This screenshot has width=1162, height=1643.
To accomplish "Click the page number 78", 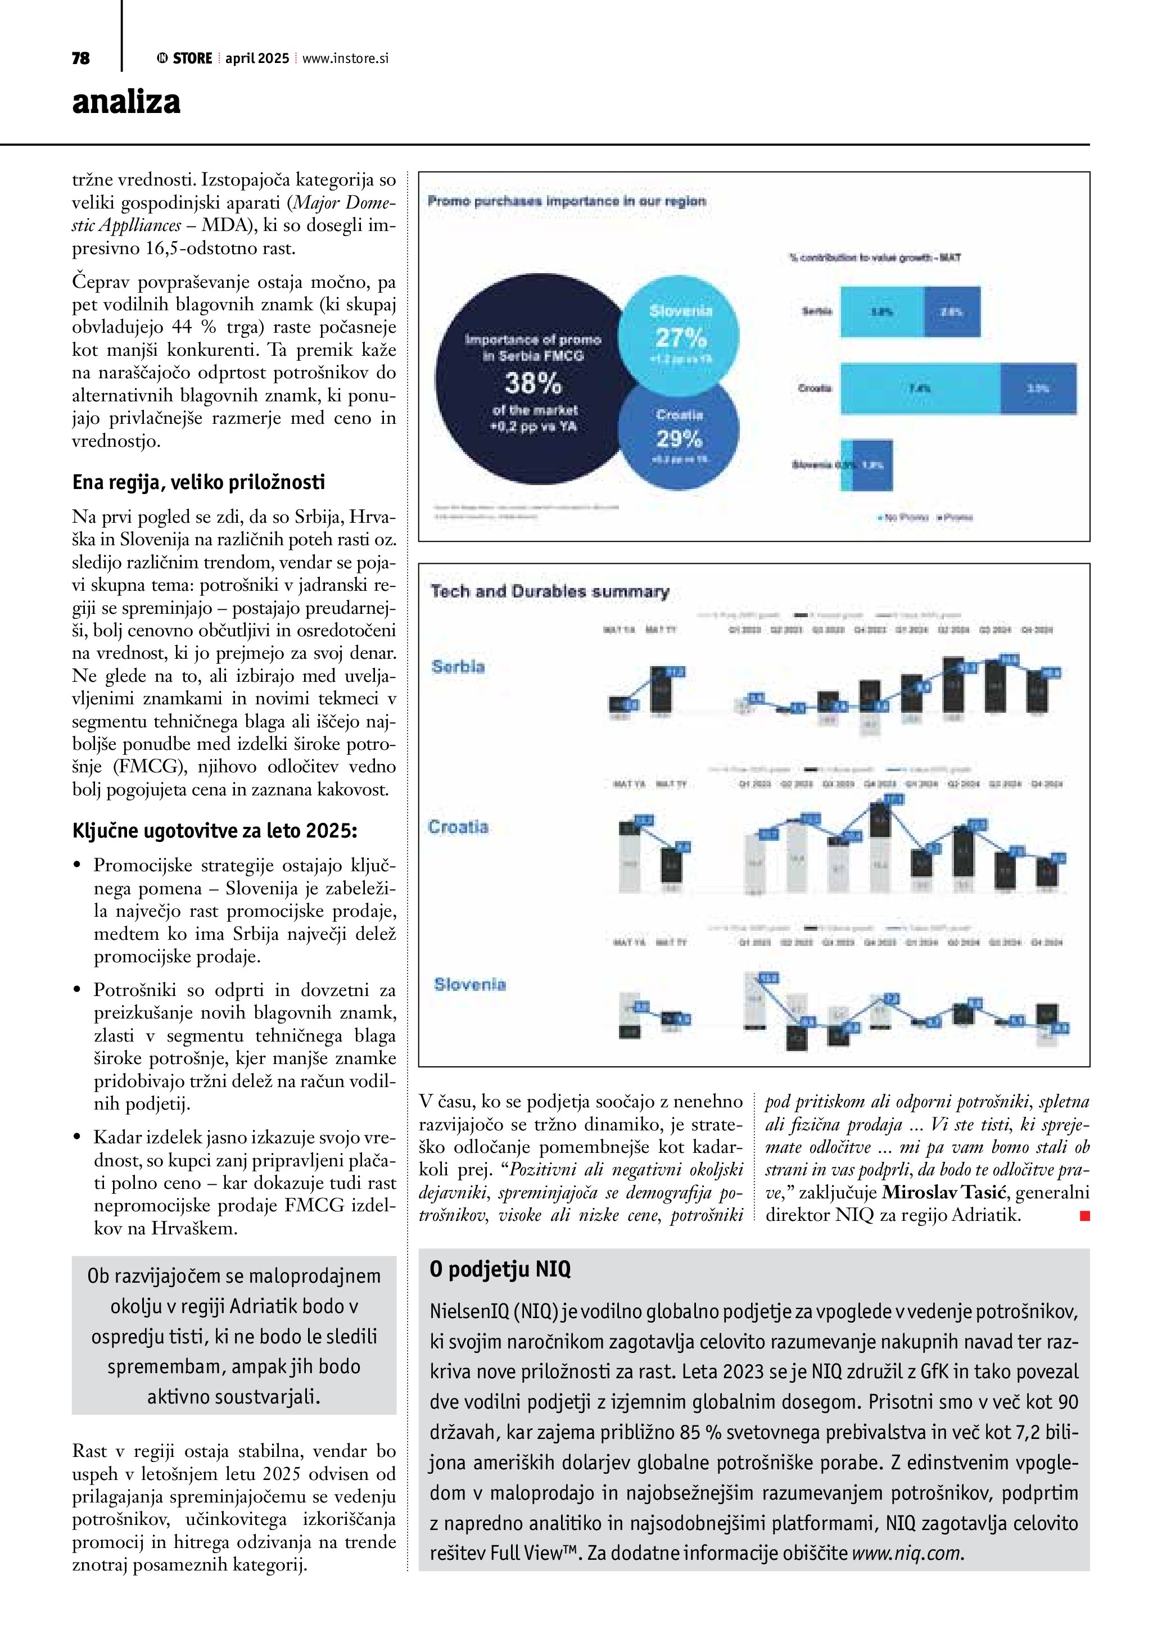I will pyautogui.click(x=81, y=58).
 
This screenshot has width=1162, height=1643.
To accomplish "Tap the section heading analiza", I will pyautogui.click(x=126, y=102).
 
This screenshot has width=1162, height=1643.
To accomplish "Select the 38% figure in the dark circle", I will pyautogui.click(x=533, y=384).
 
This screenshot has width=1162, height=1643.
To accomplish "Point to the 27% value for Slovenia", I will pyautogui.click(x=680, y=337).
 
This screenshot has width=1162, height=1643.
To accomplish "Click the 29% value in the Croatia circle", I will pyautogui.click(x=679, y=438).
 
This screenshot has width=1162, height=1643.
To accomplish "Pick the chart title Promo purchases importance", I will pyautogui.click(x=566, y=201).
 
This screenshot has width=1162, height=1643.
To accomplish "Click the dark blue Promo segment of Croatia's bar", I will pyautogui.click(x=1038, y=388).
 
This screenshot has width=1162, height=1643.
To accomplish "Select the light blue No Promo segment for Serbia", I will pyautogui.click(x=881, y=311).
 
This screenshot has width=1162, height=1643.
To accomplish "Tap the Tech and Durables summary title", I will pyautogui.click(x=549, y=592).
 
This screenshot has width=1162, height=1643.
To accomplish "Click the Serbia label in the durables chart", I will pyautogui.click(x=458, y=667).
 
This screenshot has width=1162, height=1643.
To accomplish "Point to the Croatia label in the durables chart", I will pyautogui.click(x=458, y=827).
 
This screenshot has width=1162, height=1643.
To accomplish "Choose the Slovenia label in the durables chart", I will pyautogui.click(x=469, y=985).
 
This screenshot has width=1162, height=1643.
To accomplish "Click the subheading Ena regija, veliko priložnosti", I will pyautogui.click(x=198, y=482).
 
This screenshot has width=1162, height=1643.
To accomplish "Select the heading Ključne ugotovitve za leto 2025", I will pyautogui.click(x=215, y=831).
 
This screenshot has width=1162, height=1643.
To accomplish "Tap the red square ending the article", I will pyautogui.click(x=1085, y=1215).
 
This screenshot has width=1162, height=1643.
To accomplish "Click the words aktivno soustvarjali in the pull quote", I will pyautogui.click(x=233, y=1396).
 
